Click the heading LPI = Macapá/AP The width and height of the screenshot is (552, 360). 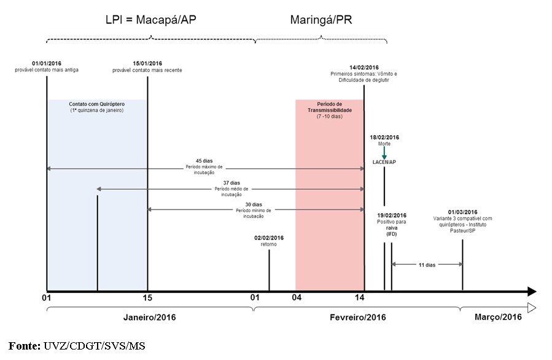click(x=151, y=20)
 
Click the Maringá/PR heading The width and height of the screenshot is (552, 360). click(x=321, y=20)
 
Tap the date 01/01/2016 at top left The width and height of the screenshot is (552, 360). click(x=47, y=63)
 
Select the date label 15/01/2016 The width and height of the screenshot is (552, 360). click(x=147, y=63)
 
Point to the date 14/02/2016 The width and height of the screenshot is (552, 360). click(x=364, y=68)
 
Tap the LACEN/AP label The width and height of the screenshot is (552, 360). click(x=384, y=162)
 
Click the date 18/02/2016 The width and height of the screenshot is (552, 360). click(x=384, y=138)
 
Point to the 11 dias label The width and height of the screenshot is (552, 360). click(x=427, y=265)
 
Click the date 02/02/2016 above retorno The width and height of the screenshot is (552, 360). click(x=269, y=238)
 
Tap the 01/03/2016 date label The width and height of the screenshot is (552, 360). click(x=462, y=212)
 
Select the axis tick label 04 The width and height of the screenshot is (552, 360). click(x=296, y=299)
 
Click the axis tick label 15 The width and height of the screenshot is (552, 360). click(x=147, y=299)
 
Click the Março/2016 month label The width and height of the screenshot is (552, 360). click(x=498, y=317)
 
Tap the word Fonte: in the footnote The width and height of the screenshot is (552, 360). click(x=25, y=346)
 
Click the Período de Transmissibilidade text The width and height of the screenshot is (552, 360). click(x=329, y=108)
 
